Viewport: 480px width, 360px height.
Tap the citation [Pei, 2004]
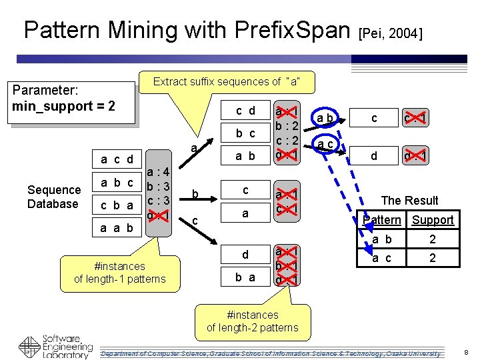(391, 33)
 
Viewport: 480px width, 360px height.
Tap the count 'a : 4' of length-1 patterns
(160, 171)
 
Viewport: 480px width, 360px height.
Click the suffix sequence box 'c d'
(245, 111)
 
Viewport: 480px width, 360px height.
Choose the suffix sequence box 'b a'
(245, 277)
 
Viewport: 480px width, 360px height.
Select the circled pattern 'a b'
(325, 119)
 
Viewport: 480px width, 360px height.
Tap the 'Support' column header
(432, 220)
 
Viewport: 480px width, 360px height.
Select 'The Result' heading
(409, 200)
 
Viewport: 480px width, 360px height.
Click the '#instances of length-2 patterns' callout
(252, 321)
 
